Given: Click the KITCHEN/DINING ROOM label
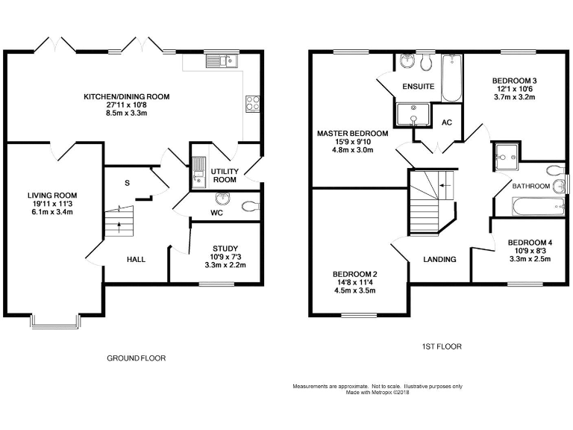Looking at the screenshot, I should (x=126, y=96).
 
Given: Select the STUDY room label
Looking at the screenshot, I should (x=225, y=249).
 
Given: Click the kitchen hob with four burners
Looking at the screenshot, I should (x=252, y=105).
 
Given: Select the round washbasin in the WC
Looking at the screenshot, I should (x=222, y=199).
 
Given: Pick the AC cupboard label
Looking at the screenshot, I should (x=447, y=122).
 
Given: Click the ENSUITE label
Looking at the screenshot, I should (x=418, y=87).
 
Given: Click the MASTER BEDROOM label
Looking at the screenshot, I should (x=352, y=133).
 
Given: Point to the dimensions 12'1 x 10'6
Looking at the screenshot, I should (x=515, y=89).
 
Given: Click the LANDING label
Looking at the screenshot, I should (x=439, y=259).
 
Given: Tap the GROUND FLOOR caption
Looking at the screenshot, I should (x=137, y=358).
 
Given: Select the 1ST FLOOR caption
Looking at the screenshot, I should (x=440, y=346).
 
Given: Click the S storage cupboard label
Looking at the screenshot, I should (x=128, y=182).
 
